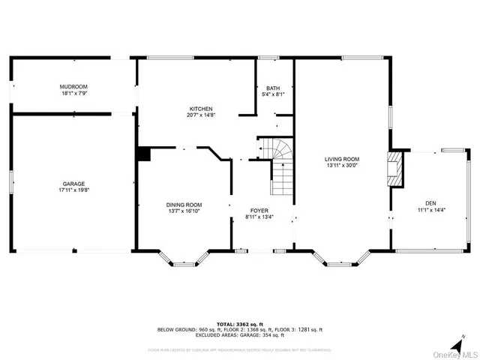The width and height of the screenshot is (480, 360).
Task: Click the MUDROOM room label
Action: tap(73, 88)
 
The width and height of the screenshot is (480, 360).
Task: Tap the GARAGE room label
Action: tap(73, 184)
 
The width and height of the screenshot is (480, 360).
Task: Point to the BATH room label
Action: tap(272, 88)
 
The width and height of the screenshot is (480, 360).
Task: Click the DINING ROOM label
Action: tap(184, 205)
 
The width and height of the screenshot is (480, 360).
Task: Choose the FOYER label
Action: tap(259, 211)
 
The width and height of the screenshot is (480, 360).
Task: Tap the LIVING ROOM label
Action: tap(342, 159)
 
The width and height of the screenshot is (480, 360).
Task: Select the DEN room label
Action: tap(430, 202)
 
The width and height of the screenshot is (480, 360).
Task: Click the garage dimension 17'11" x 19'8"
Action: tap(73, 190)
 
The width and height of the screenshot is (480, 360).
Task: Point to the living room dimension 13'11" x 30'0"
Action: tap(342, 166)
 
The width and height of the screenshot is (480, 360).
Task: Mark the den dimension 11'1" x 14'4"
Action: tap(430, 209)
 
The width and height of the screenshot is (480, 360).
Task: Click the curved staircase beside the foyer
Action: tap(279, 165)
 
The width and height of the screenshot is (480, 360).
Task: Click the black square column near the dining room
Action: tap(144, 154)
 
